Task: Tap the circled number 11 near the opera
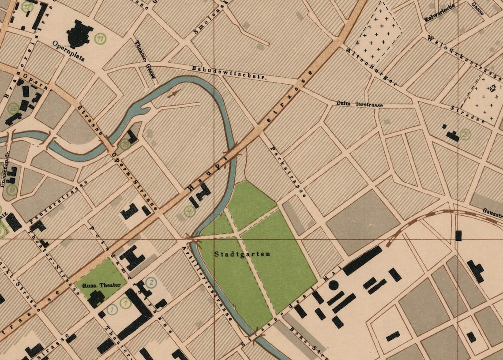pyautogui.click(x=101, y=39)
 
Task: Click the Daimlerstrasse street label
pyautogui.click(x=359, y=105)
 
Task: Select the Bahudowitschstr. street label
pyautogui.click(x=230, y=72)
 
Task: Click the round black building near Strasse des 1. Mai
pyautogui.click(x=334, y=285)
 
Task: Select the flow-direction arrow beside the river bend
pyautogui.click(x=175, y=94)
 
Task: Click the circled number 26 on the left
pyautogui.click(x=13, y=108)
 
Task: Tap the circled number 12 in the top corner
pyautogui.click(x=27, y=6)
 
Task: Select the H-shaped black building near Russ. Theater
pyautogui.click(x=131, y=259)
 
